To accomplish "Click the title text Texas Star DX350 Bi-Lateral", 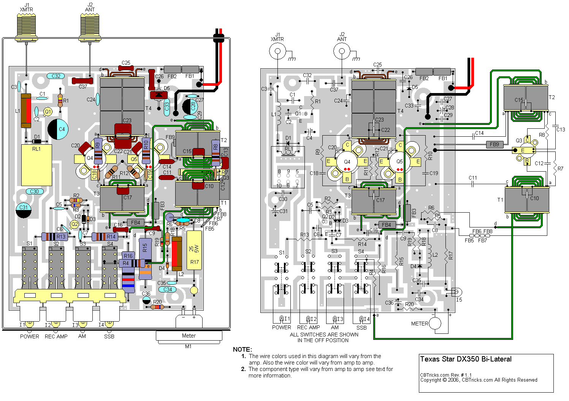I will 466,359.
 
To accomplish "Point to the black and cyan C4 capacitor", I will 58,129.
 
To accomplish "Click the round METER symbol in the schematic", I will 435,324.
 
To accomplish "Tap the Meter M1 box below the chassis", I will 189,336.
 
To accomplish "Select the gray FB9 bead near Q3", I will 495,144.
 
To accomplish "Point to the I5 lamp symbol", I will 457,292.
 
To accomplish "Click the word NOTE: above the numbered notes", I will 242,349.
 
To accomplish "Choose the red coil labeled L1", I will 26,111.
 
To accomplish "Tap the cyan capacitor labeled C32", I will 56,76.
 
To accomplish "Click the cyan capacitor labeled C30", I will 35,191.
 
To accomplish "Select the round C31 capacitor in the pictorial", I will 24,210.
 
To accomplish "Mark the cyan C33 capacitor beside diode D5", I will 166,107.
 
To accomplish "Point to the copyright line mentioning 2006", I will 479,380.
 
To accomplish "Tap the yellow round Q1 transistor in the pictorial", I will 48,112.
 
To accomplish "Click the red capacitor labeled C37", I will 82,81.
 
